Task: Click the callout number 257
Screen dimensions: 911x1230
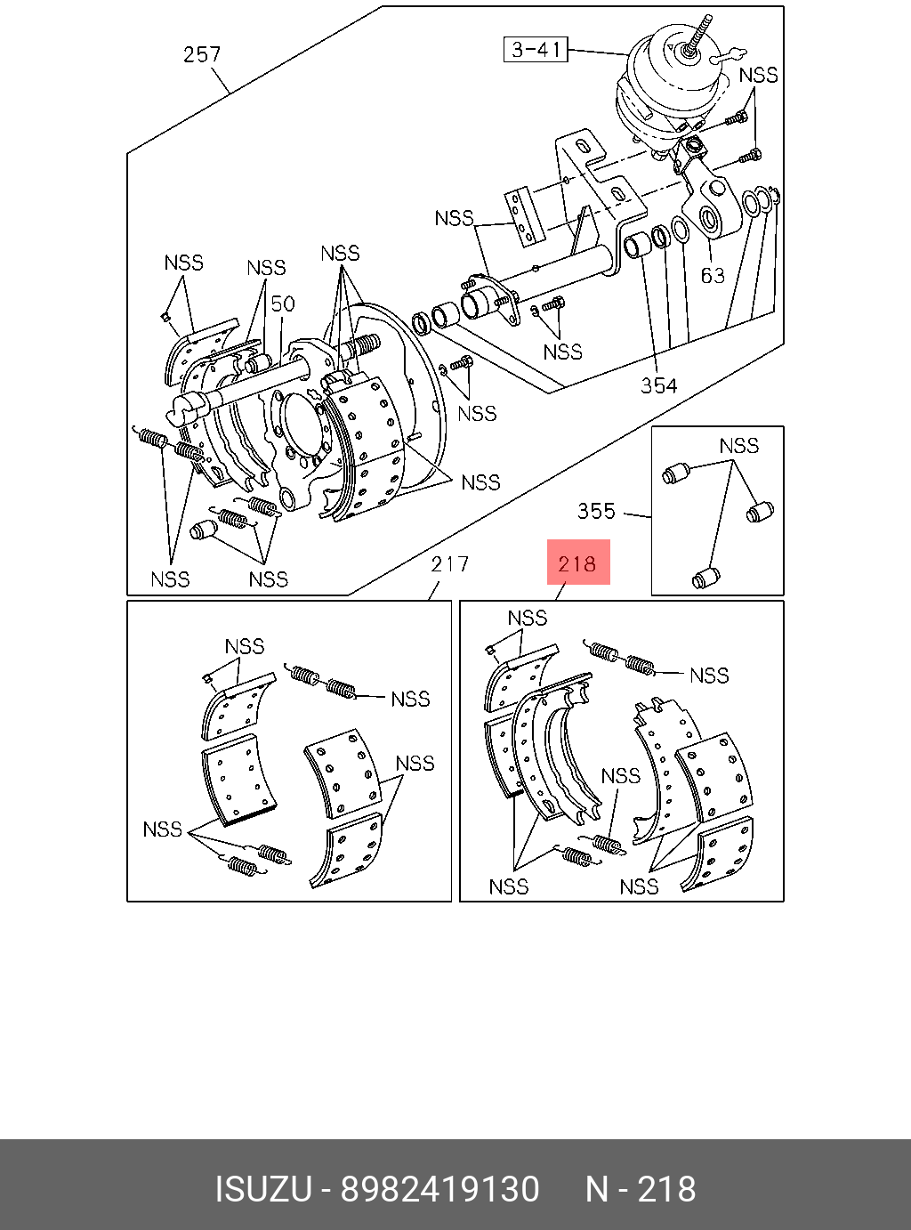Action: tap(202, 54)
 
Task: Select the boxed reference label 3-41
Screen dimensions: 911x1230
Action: tap(536, 49)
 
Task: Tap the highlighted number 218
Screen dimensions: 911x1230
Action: tap(577, 564)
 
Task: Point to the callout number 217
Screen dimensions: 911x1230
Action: tap(450, 564)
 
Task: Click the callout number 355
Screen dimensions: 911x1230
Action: tap(597, 511)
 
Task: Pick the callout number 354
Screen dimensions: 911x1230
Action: tap(658, 384)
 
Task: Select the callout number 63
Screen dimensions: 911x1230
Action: tap(713, 275)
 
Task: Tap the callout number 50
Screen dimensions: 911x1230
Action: tap(283, 303)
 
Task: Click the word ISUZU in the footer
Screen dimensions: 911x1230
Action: tap(263, 1189)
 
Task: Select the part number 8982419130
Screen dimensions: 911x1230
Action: tap(439, 1189)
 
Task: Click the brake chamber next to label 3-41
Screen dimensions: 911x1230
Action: tap(667, 97)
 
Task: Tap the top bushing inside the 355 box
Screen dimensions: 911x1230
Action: tap(675, 473)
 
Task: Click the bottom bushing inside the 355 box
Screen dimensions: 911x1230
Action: tap(705, 578)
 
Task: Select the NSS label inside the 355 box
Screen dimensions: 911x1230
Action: tap(738, 446)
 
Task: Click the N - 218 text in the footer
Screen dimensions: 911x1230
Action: tap(641, 1189)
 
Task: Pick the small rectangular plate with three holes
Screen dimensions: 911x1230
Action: tap(522, 217)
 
